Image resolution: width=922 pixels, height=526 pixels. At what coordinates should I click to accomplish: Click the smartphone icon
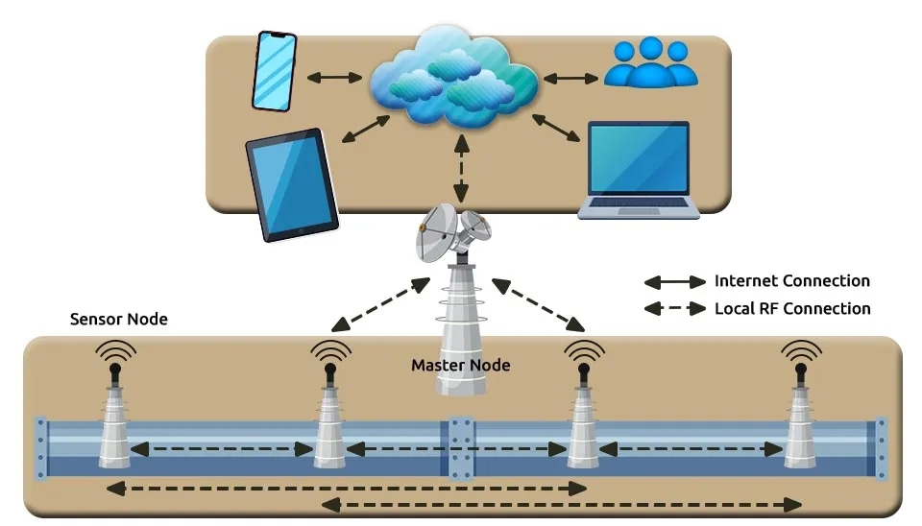tap(275, 71)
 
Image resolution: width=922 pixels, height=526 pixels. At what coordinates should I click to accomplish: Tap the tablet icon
tap(292, 183)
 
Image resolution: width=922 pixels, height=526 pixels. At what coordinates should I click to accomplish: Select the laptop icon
tap(638, 170)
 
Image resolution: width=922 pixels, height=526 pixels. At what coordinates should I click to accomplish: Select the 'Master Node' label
tap(461, 365)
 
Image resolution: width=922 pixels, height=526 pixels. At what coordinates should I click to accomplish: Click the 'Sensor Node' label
tap(119, 319)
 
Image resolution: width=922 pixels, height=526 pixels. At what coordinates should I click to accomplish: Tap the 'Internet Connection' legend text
tap(792, 281)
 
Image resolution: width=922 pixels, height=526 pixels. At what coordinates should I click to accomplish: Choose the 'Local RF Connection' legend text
tap(792, 308)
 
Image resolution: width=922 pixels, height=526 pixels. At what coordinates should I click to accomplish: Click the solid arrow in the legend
tap(675, 282)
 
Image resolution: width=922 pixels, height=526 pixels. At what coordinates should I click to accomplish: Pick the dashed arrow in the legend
tap(675, 309)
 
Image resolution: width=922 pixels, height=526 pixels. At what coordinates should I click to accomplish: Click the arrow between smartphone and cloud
tap(333, 76)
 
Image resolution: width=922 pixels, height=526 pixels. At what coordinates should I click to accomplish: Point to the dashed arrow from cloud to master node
tap(463, 167)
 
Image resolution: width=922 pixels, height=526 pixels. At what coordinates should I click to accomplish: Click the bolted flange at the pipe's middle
tap(460, 447)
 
